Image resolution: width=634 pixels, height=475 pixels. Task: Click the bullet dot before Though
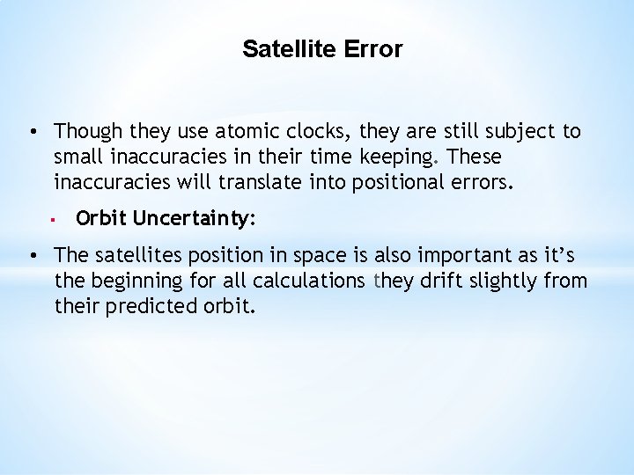click(31, 132)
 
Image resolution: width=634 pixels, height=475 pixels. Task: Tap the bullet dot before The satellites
click(31, 256)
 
